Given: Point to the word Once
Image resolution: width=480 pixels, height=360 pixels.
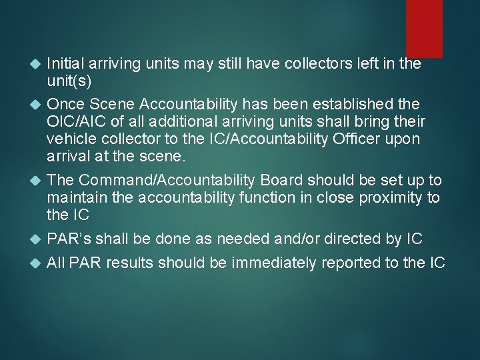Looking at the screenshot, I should click(63, 105).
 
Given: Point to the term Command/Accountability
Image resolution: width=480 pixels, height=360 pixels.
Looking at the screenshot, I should click(173, 180).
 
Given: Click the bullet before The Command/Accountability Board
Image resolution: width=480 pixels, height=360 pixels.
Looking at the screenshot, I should click(35, 181).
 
